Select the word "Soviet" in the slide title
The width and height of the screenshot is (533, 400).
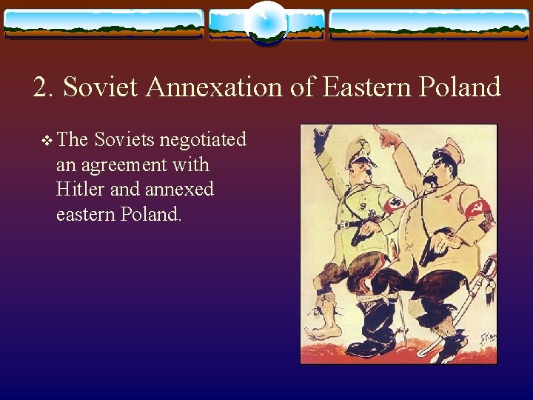[x=102, y=87]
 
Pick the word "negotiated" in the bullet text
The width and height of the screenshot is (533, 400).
[x=203, y=140]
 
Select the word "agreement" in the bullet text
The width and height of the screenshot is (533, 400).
[x=120, y=165]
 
